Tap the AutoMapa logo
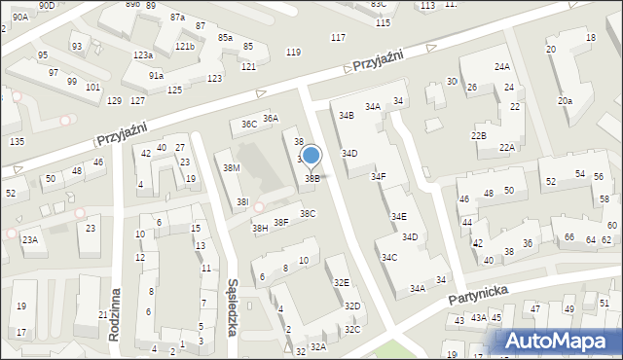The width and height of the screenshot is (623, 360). tap(559, 342)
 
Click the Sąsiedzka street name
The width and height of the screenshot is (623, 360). tap(232, 302)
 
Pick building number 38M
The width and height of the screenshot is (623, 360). tap(232, 168)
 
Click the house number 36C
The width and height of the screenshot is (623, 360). tap(249, 124)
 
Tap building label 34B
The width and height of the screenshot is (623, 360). tap(346, 116)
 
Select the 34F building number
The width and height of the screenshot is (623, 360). tap(378, 176)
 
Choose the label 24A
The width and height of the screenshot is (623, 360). tap(502, 67)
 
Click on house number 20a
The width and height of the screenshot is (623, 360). tap(565, 100)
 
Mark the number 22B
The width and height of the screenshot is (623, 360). tap(478, 135)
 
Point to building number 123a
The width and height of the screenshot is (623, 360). tap(143, 54)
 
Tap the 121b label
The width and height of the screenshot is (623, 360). tap(185, 47)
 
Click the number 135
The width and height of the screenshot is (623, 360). tap(17, 141)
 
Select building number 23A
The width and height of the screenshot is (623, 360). tap(30, 239)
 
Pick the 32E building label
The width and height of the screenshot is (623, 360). tap(341, 282)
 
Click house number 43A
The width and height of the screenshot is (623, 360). tap(478, 317)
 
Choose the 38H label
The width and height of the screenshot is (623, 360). tap(260, 229)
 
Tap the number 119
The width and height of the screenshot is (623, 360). tap(293, 52)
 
